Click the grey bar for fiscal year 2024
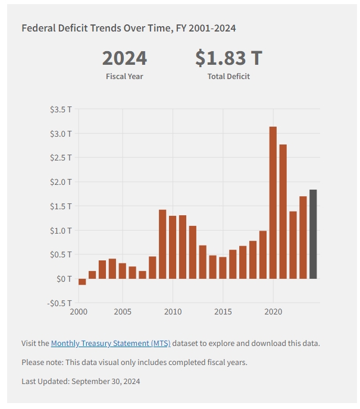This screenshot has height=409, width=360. pyautogui.click(x=313, y=234)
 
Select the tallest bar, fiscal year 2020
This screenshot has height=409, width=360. pyautogui.click(x=273, y=202)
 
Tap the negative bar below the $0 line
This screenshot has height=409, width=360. pyautogui.click(x=82, y=282)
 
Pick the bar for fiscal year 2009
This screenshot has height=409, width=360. pyautogui.click(x=162, y=244)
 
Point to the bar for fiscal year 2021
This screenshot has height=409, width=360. pyautogui.click(x=283, y=211)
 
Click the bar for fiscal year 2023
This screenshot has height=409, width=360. pyautogui.click(x=303, y=237)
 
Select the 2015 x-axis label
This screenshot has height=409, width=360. pyautogui.click(x=223, y=312)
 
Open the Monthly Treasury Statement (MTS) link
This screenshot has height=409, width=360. pyautogui.click(x=111, y=343)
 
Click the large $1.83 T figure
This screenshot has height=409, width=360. pyautogui.click(x=228, y=58)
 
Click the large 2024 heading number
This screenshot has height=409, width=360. pyautogui.click(x=124, y=58)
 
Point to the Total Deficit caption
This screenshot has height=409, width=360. pyautogui.click(x=228, y=76)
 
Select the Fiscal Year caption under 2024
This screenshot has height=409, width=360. pyautogui.click(x=124, y=76)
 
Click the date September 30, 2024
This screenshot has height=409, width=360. pyautogui.click(x=106, y=381)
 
